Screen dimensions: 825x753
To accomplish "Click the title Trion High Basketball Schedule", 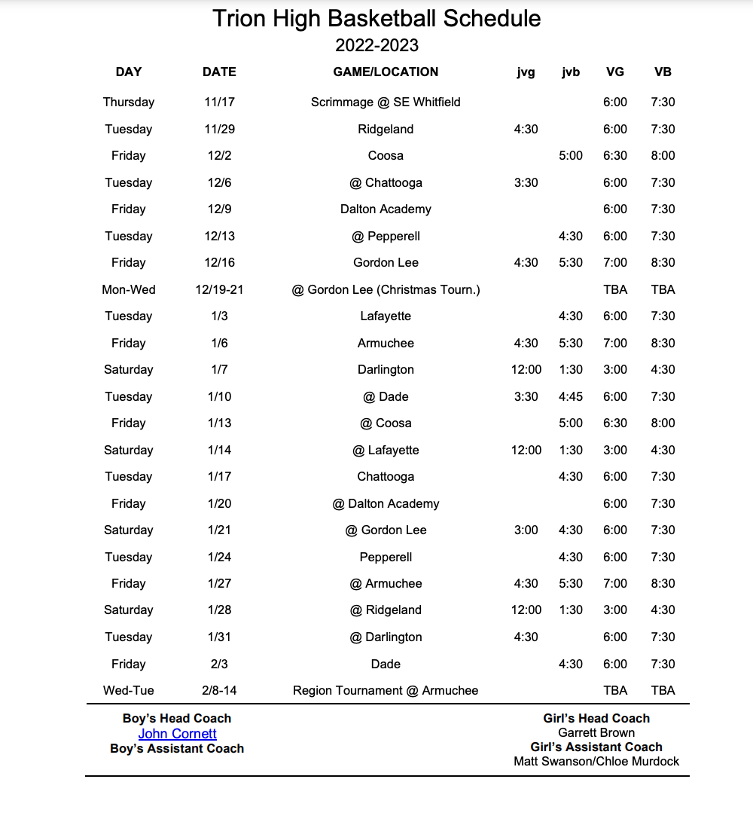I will point(376,18).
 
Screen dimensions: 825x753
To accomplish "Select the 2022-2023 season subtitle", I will point(376,45).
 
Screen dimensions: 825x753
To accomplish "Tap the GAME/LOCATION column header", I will point(386,72).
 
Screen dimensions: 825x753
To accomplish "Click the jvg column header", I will point(526,72).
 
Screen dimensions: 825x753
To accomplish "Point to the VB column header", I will point(663,72).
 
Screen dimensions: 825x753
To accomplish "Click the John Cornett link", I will point(177,734).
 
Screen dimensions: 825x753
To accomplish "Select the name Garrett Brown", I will point(596,732).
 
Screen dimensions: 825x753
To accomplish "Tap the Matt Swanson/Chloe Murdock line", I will point(596,761).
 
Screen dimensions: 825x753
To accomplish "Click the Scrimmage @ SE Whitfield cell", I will point(386,102).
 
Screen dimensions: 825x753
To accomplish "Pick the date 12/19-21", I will point(219,289).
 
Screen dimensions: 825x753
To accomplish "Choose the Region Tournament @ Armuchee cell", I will point(386,690).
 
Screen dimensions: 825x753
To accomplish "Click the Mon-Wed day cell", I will point(128,289).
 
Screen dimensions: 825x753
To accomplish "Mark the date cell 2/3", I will point(219,664).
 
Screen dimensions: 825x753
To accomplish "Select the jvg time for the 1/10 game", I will point(526,396).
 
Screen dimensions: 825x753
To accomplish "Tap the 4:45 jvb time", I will point(571,396).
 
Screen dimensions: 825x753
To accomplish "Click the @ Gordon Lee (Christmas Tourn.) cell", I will point(386,289).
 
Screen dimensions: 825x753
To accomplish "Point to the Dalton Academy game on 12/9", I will point(386,209).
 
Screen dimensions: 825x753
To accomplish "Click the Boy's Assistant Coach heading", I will point(177,748).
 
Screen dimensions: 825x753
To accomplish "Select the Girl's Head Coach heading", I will point(596,718).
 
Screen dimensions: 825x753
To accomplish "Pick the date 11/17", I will point(219,102).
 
